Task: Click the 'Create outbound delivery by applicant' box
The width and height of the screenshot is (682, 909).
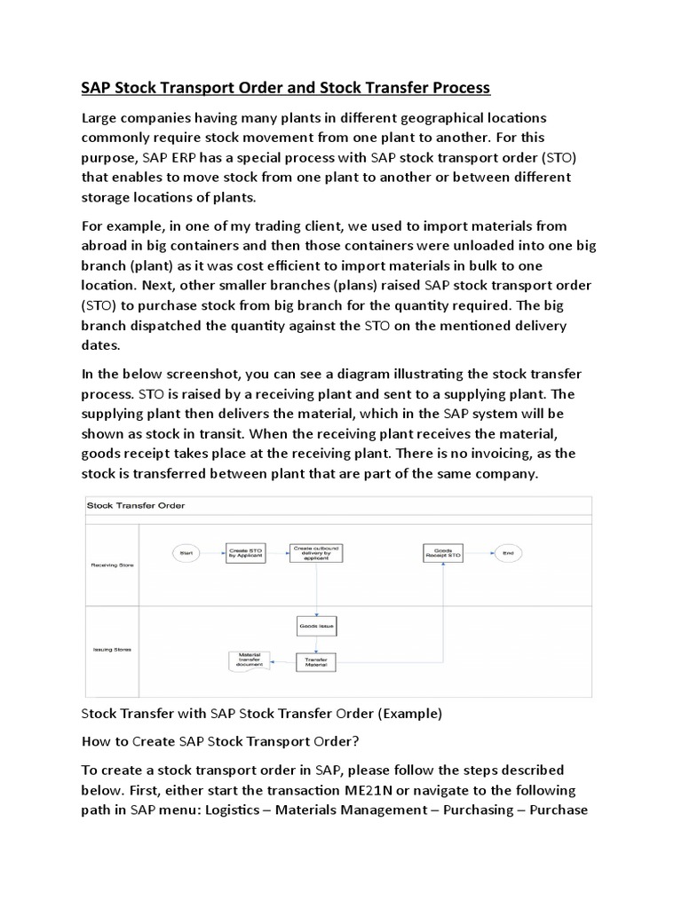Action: pyautogui.click(x=316, y=552)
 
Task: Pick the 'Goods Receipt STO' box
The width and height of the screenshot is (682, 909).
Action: pyautogui.click(x=443, y=552)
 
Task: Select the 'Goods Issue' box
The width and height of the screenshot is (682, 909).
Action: pyautogui.click(x=316, y=626)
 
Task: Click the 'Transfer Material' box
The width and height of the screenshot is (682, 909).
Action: pyautogui.click(x=316, y=662)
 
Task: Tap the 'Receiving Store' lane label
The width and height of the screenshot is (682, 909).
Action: pyautogui.click(x=113, y=565)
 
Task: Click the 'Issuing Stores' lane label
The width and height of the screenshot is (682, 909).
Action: pyautogui.click(x=113, y=649)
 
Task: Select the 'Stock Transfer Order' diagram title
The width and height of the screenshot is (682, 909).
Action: pyautogui.click(x=135, y=505)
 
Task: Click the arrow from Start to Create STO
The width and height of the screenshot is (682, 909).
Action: pyautogui.click(x=212, y=552)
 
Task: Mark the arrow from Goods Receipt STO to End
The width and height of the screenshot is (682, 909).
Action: pyautogui.click(x=479, y=552)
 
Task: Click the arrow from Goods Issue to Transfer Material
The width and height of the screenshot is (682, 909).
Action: pyautogui.click(x=316, y=644)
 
